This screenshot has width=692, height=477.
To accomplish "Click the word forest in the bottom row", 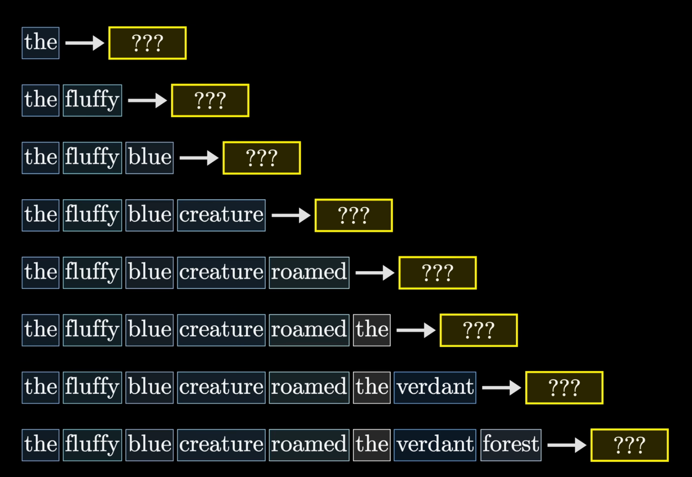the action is (511, 445).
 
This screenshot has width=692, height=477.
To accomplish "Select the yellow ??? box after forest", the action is (630, 445).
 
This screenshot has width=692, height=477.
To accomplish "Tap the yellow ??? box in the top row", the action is (147, 43).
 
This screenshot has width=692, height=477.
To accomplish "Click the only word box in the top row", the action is (41, 43).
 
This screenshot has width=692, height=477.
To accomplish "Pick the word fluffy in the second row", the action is (92, 100).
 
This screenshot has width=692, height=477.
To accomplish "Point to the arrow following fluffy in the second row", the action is (147, 100).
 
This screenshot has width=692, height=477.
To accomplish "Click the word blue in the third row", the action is (149, 158).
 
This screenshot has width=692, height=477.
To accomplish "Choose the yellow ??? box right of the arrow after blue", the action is (261, 158).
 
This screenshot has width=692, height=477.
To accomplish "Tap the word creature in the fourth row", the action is (221, 215).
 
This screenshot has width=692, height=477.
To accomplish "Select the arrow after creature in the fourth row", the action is (291, 215).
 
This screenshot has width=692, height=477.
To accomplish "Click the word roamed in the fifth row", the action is (309, 273).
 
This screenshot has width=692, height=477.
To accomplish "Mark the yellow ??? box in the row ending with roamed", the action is (438, 273).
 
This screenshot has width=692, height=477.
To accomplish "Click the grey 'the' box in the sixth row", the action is (372, 330).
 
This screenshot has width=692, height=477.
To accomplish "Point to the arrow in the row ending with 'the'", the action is (416, 330).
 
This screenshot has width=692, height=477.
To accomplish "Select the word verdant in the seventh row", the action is (435, 388).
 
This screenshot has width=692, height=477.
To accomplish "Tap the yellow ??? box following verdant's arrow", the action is (564, 388).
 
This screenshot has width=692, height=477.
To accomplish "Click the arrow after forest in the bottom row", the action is (567, 445).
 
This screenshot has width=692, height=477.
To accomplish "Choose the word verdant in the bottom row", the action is (435, 445).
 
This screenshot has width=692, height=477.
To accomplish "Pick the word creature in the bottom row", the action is (221, 445).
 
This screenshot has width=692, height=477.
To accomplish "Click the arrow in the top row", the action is (85, 43).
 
